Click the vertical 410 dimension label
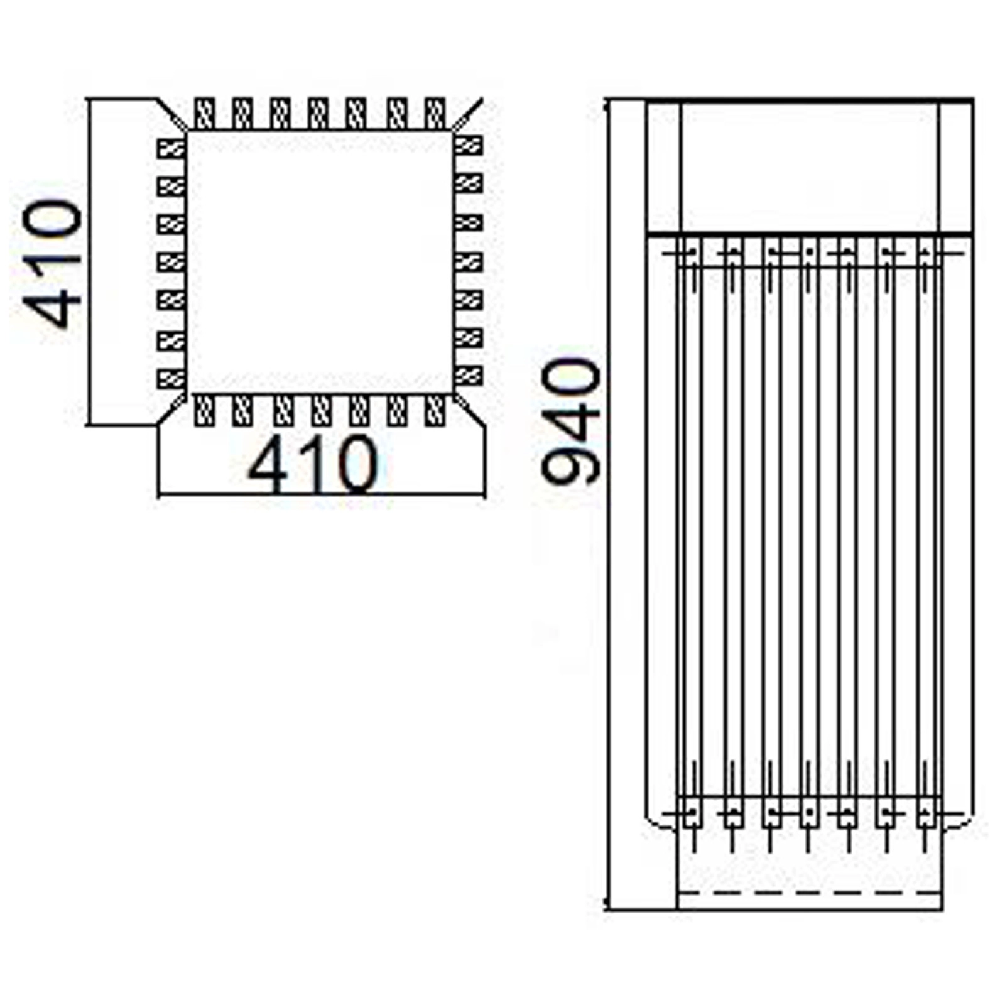point(52,264)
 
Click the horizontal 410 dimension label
point(313,464)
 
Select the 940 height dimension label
point(570,422)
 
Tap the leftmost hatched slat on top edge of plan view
point(205,113)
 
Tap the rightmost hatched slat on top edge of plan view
point(435,113)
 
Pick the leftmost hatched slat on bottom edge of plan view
point(205,411)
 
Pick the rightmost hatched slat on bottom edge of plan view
point(435,411)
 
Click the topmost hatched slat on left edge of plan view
point(171,148)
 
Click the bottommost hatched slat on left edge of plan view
point(171,379)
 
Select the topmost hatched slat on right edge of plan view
point(468,146)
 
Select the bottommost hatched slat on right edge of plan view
point(468,376)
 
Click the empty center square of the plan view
point(320,262)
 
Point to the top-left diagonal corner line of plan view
point(171,114)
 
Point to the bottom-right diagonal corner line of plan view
point(469,411)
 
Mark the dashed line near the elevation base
point(810,892)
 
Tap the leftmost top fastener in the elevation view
point(692,254)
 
